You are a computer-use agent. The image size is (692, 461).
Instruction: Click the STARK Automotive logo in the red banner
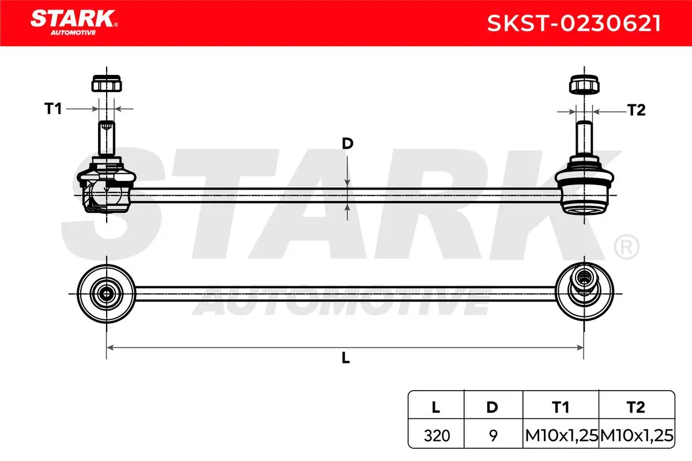(x=74, y=22)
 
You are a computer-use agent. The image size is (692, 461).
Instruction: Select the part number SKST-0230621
(x=574, y=24)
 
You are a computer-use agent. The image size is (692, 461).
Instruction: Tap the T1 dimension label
(x=53, y=109)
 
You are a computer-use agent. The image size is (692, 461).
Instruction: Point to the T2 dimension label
(x=637, y=110)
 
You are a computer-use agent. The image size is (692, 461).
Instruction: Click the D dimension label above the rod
(x=348, y=143)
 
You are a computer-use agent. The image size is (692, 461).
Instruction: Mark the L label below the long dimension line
(x=345, y=358)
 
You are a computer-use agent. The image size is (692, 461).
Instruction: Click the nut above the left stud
(x=107, y=84)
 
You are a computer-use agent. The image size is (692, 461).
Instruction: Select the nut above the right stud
(x=584, y=84)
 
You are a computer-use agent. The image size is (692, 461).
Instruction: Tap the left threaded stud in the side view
(x=107, y=138)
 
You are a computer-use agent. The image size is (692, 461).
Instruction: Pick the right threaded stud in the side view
(x=584, y=138)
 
